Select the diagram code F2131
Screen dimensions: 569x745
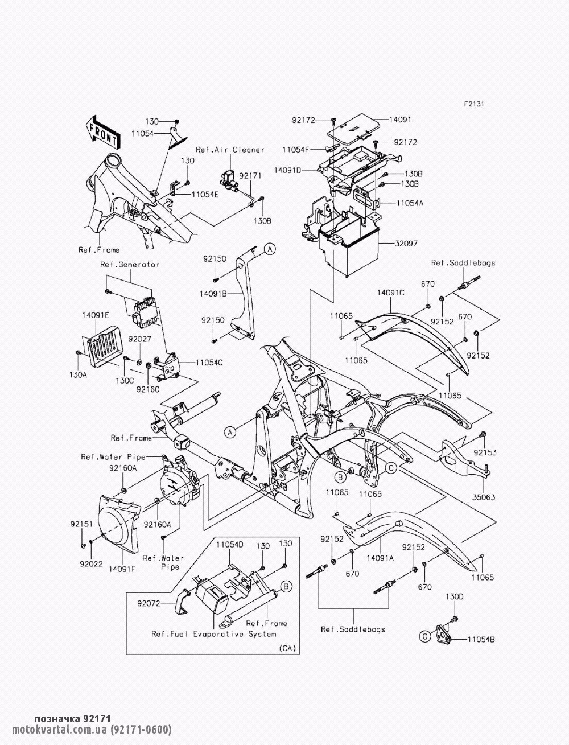pyautogui.click(x=474, y=104)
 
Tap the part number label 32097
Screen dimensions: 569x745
pyautogui.click(x=406, y=244)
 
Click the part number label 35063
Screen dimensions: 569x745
pyautogui.click(x=484, y=497)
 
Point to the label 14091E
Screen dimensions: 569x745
pyautogui.click(x=96, y=315)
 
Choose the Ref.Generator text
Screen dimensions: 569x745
pyautogui.click(x=130, y=264)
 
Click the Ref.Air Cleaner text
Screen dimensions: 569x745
pyautogui.click(x=230, y=149)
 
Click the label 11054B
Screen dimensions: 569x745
pyautogui.click(x=481, y=640)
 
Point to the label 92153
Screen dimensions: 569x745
pyautogui.click(x=485, y=452)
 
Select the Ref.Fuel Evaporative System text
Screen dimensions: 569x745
pyautogui.click(x=214, y=633)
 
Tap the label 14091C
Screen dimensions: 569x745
pyautogui.click(x=391, y=293)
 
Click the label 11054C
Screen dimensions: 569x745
pyautogui.click(x=209, y=363)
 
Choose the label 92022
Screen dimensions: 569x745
pyautogui.click(x=91, y=564)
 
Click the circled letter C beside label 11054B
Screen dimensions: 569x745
pyautogui.click(x=425, y=637)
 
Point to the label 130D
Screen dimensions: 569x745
pyautogui.click(x=454, y=606)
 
